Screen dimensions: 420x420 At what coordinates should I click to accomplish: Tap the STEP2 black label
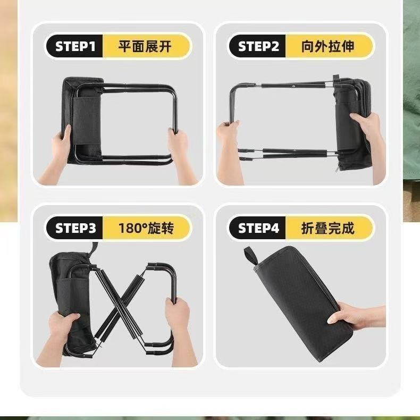258,47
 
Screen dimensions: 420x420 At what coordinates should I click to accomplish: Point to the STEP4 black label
258,229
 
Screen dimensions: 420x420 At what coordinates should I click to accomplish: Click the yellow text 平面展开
145,47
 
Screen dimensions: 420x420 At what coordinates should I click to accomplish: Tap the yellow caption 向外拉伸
327,47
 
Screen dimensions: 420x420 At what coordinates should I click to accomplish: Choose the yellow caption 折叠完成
327,229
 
